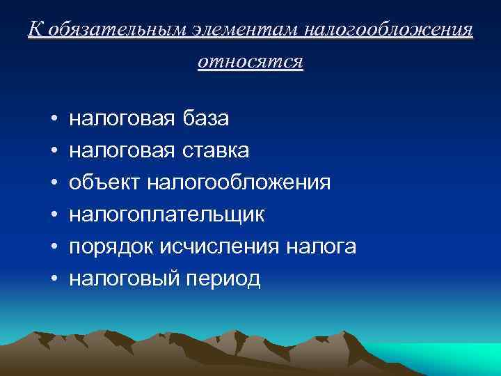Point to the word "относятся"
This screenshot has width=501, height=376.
pyautogui.click(x=250, y=62)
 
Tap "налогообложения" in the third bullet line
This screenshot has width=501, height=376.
pyautogui.click(x=239, y=183)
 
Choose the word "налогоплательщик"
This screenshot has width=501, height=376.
pyautogui.click(x=167, y=215)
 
